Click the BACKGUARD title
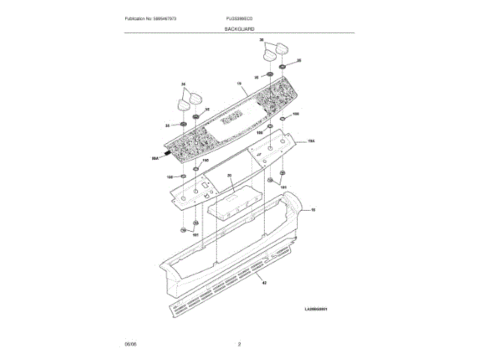coord(239,28)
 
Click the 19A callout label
coord(310,139)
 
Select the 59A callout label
coord(155,158)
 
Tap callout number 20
coord(230,176)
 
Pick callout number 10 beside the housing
coord(313,211)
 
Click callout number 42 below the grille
coord(264,283)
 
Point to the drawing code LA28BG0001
coord(316,308)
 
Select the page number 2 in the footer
coord(239,343)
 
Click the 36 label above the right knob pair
coord(261,38)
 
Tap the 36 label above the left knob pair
coord(183,83)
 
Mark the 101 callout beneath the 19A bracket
coord(283,187)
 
